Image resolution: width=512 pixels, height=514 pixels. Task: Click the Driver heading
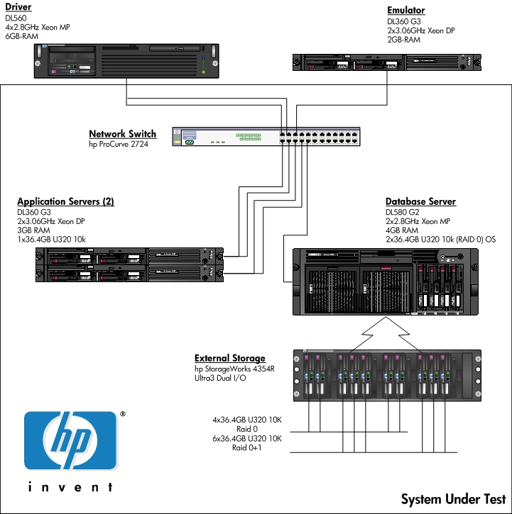click(18, 8)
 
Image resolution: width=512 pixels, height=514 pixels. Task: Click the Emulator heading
click(406, 10)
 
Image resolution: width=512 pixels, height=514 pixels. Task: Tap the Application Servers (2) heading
click(65, 202)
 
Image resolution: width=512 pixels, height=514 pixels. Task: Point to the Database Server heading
click(420, 202)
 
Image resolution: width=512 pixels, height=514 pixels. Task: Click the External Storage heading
click(230, 359)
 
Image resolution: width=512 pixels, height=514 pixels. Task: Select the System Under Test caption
click(453, 499)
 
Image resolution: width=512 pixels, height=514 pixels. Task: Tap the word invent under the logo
click(70, 488)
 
